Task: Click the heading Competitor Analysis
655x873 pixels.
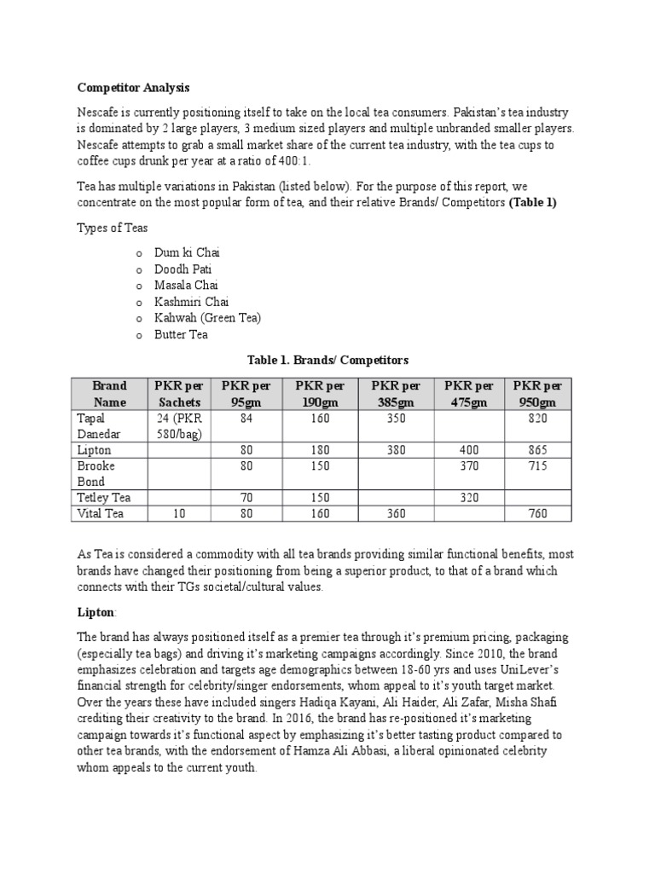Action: point(134,88)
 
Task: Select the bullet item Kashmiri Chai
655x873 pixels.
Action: point(191,302)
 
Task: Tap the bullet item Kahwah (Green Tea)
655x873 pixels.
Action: point(207,318)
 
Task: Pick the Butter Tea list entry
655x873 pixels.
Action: point(181,334)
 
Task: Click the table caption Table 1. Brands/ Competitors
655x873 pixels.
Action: point(327,360)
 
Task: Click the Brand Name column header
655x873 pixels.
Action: point(110,394)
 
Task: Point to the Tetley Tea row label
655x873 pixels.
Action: point(104,497)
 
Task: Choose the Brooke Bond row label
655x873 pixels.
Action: point(96,474)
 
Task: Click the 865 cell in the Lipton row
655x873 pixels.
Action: point(537,450)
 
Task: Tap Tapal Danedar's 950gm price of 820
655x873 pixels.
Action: point(537,419)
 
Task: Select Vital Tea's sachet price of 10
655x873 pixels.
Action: point(178,513)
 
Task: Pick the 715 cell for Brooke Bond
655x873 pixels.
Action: point(537,466)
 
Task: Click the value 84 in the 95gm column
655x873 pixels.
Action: point(246,419)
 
